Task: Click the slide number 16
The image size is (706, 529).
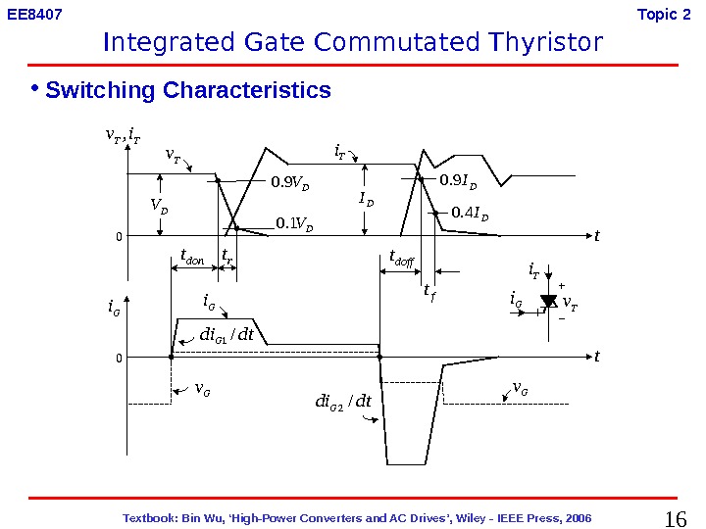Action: point(676,518)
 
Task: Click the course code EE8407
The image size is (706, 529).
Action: point(34,15)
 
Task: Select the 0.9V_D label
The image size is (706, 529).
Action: point(292,181)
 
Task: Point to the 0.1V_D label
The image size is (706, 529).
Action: point(295,224)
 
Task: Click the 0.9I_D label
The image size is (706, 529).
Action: point(458,180)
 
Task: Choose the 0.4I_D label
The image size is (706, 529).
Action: point(470,213)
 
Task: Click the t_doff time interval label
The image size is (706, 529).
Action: point(402,260)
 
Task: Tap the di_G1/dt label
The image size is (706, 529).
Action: point(227,335)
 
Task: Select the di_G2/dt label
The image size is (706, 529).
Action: point(343,401)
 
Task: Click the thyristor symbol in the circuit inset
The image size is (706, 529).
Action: point(549,302)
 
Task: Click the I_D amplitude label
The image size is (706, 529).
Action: point(366,200)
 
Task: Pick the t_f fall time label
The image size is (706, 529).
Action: point(429,291)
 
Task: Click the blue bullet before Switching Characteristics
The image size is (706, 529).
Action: point(33,88)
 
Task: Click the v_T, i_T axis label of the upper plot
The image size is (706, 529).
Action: point(123,137)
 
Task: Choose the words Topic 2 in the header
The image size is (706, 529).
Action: point(657,15)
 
